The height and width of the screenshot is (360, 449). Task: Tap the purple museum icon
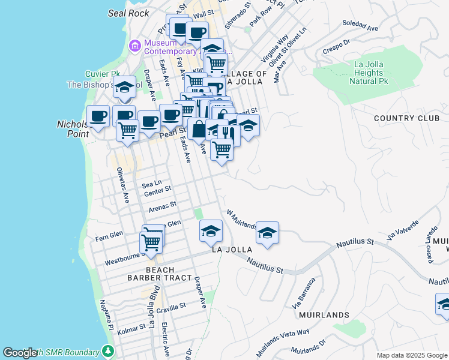[134, 46]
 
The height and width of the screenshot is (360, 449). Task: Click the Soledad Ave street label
[360, 26]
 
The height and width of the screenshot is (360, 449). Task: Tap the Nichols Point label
[72, 129]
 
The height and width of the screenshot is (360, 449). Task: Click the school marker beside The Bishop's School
[124, 88]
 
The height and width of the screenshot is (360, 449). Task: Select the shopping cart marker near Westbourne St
[151, 242]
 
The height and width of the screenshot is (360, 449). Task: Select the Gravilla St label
[171, 307]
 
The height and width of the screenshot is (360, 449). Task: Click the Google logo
[20, 353]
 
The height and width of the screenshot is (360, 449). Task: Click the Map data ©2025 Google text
[411, 355]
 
